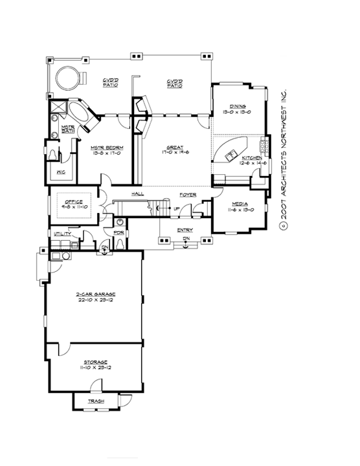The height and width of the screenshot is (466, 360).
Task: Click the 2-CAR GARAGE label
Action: [95, 294]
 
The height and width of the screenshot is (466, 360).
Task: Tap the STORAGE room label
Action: [95, 362]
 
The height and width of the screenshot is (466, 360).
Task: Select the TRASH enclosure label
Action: [96, 401]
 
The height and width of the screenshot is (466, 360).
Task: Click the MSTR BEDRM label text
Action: [107, 148]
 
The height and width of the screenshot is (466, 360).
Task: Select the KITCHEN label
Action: [251, 159]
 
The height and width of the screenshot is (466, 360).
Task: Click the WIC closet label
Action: [60, 172]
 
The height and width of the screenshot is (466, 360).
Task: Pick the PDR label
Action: [120, 232]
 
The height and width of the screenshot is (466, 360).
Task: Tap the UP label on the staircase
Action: [176, 208]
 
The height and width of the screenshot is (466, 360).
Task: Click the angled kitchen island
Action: [233, 150]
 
